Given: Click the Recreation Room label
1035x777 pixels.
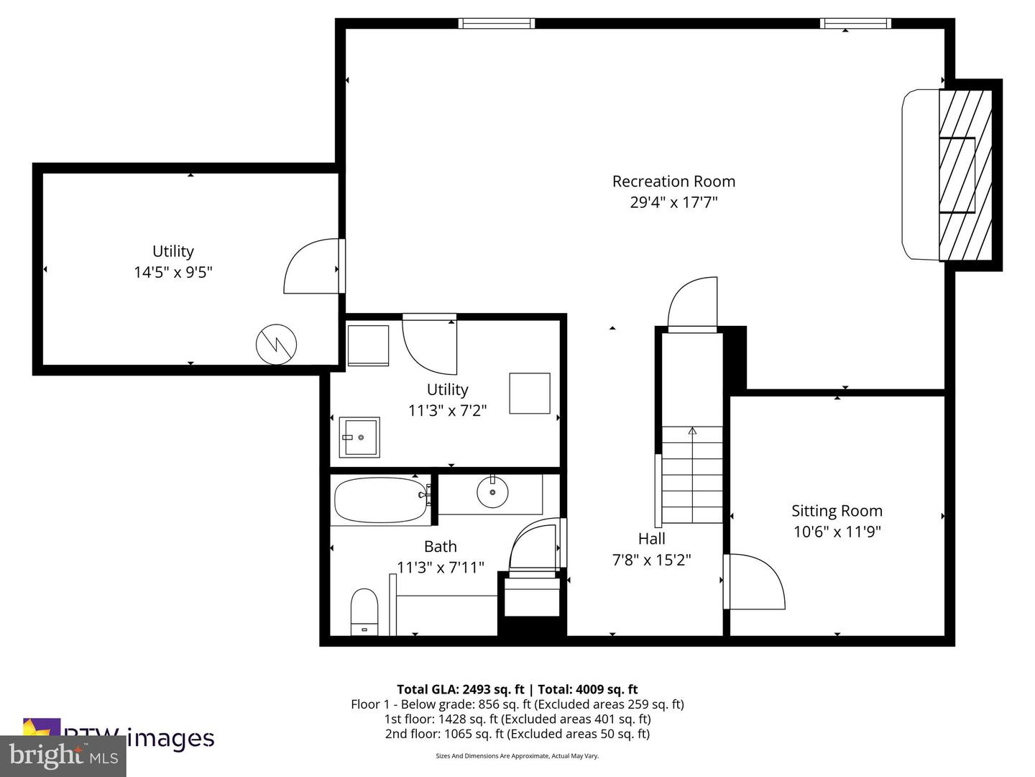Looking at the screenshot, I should pos(673,181).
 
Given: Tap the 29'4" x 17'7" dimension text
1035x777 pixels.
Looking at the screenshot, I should pos(673,202).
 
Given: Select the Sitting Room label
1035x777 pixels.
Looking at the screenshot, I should pos(837,511).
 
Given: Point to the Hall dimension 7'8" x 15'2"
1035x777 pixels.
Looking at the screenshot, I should pos(651,560).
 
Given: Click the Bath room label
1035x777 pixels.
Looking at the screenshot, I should pos(440,547).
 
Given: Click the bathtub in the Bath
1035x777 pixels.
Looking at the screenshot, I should pos(381,501).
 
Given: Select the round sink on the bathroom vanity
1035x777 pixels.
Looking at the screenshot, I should pos(492,492).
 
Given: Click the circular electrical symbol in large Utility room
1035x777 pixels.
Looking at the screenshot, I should pos(277,345).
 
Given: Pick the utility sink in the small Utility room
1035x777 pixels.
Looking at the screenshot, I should pos(359,437).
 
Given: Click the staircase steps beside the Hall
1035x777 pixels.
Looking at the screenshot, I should pos(692,475).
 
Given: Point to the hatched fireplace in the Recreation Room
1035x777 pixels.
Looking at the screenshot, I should pos(965,175).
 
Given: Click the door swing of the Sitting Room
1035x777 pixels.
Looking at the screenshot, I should pos(755,581).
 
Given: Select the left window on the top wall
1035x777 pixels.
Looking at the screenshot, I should pos(497,24).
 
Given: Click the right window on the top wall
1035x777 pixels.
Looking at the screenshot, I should pos(855,24).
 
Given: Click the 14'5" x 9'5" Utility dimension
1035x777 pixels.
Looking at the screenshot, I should pos(173,273).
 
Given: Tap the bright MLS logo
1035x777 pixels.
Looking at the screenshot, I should pos(63,755).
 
